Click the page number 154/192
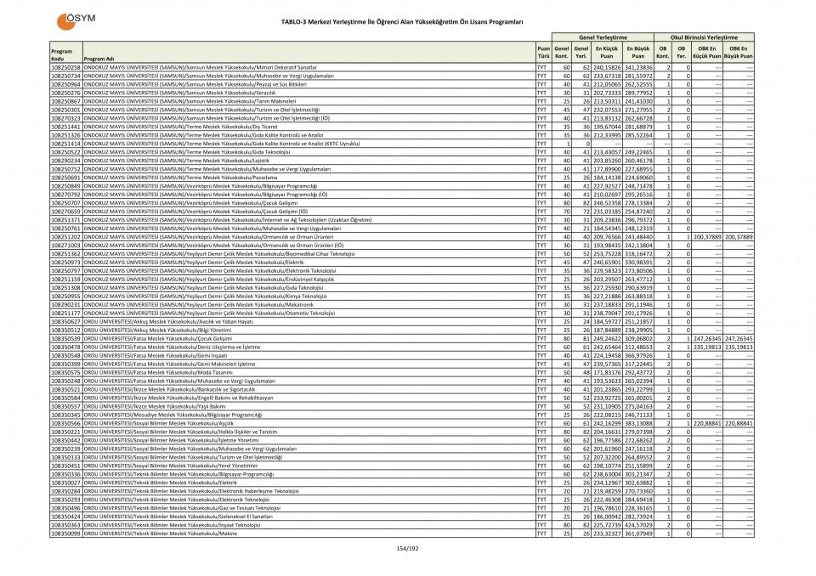click(x=408, y=549)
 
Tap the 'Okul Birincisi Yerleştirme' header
click(x=704, y=38)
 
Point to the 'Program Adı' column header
click(x=99, y=59)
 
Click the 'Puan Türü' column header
click(x=543, y=53)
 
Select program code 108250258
click(x=65, y=66)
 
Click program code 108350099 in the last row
click(x=65, y=533)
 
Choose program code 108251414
click(x=65, y=144)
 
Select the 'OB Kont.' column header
click(x=668, y=53)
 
